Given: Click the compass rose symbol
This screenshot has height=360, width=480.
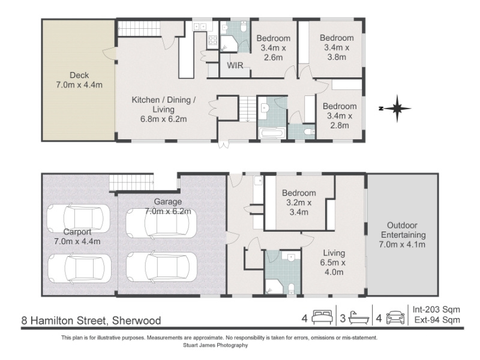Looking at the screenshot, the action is click(x=397, y=109).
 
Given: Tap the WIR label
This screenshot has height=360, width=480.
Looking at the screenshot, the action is click(x=235, y=65).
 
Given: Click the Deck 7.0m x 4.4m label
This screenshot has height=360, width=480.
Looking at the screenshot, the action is click(x=79, y=80).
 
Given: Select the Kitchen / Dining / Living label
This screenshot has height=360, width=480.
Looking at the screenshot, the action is click(x=163, y=109).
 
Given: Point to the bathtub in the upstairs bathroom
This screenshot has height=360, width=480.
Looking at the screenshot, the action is click(x=272, y=133).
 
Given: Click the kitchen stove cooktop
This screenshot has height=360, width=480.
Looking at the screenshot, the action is click(x=213, y=40).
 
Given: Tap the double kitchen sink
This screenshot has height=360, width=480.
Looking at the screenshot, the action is click(x=200, y=27).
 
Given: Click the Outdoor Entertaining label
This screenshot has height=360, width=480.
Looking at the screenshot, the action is click(x=402, y=235).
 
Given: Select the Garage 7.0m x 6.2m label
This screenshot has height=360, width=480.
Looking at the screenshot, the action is click(x=167, y=206).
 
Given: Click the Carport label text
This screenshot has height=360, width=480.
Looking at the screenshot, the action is click(x=77, y=232).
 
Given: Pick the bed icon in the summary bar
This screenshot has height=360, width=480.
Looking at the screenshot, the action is click(x=322, y=317).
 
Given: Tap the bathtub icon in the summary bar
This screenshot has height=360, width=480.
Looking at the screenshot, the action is click(x=359, y=318).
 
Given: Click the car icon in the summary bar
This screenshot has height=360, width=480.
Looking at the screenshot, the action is click(x=395, y=317).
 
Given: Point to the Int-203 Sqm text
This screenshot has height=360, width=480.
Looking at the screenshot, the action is click(x=436, y=310).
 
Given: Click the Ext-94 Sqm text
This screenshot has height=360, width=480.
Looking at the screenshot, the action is click(x=437, y=320).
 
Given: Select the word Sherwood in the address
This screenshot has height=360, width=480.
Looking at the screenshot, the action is click(x=136, y=320).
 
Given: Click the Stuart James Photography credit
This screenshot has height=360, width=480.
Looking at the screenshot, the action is click(x=215, y=346).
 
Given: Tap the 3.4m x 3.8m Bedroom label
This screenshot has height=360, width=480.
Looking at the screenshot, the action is click(x=337, y=47).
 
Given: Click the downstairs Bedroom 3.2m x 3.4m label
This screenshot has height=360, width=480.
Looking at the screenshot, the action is click(x=299, y=202).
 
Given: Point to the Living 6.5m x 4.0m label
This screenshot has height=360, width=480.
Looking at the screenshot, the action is click(x=334, y=262).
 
